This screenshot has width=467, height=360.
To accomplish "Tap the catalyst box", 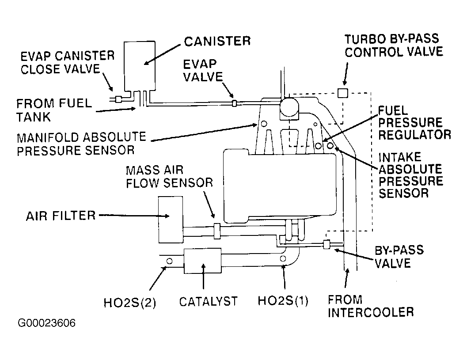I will pyautogui.click(x=203, y=261).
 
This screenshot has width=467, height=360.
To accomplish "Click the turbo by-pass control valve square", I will pyautogui.click(x=343, y=93).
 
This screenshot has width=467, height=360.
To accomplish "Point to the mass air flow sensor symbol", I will pyautogui.click(x=216, y=230).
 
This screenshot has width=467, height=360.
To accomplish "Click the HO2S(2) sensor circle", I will pyautogui.click(x=169, y=262).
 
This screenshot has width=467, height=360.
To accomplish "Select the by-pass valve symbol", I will pyautogui.click(x=327, y=244).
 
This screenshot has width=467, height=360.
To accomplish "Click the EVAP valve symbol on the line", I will pyautogui.click(x=235, y=103).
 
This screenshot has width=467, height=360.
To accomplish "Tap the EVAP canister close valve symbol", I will pyautogui.click(x=118, y=100).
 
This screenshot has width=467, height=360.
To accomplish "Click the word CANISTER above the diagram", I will pyautogui.click(x=217, y=42).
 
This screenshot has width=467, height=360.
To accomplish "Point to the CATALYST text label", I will pyautogui.click(x=208, y=301).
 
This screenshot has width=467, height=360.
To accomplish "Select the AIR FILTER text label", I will pyautogui.click(x=61, y=216).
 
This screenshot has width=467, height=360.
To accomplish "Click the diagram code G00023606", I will pyautogui.click(x=47, y=323).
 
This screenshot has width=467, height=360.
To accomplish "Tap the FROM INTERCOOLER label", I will pyautogui.click(x=370, y=306).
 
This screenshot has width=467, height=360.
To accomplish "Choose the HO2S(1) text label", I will pyautogui.click(x=283, y=301).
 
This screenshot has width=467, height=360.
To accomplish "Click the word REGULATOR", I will pyautogui.click(x=414, y=134).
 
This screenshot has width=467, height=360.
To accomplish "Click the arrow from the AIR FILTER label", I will pyautogui.click(x=133, y=216).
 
